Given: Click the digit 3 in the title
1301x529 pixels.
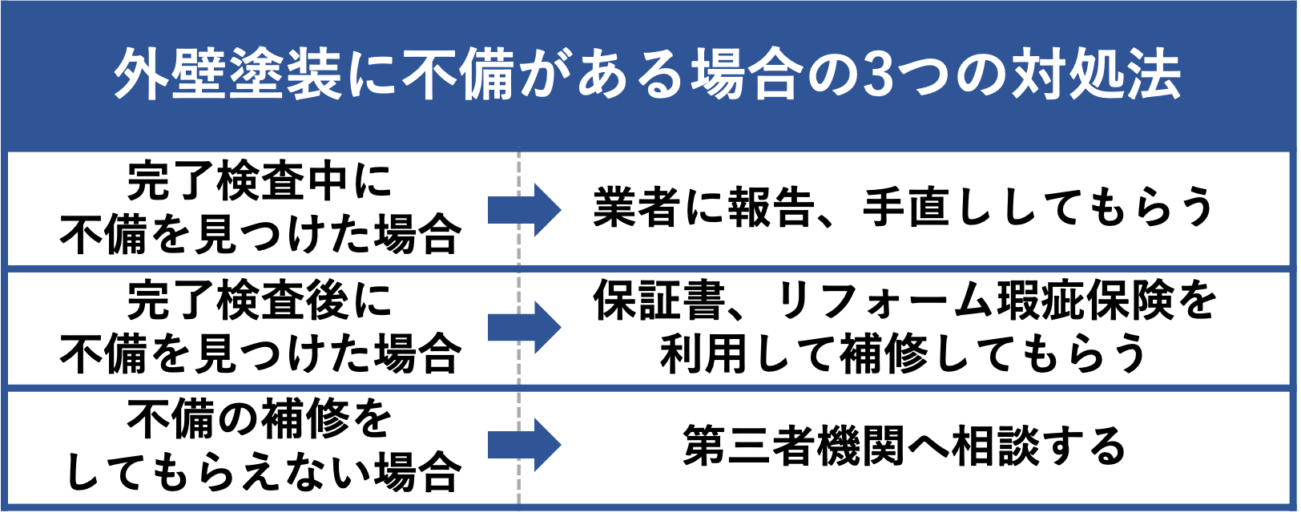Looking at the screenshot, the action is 878,75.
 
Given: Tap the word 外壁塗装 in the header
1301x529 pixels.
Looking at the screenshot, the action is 227,75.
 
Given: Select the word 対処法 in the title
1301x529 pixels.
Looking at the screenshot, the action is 1097,75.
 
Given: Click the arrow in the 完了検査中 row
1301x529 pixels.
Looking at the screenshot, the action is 524,210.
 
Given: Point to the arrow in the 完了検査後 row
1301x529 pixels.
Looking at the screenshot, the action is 524,327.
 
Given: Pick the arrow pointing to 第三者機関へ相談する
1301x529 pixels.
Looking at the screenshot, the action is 524,445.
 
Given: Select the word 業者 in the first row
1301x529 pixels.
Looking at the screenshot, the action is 637,207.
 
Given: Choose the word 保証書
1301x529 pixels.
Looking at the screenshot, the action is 659,301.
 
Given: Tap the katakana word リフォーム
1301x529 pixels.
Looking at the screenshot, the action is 884,301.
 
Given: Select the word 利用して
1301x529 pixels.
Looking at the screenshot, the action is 749,353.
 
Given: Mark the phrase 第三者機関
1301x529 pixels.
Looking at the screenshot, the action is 793,446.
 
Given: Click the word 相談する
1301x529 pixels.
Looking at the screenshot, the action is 1038,446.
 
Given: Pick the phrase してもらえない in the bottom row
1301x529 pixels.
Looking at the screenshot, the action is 217,473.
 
